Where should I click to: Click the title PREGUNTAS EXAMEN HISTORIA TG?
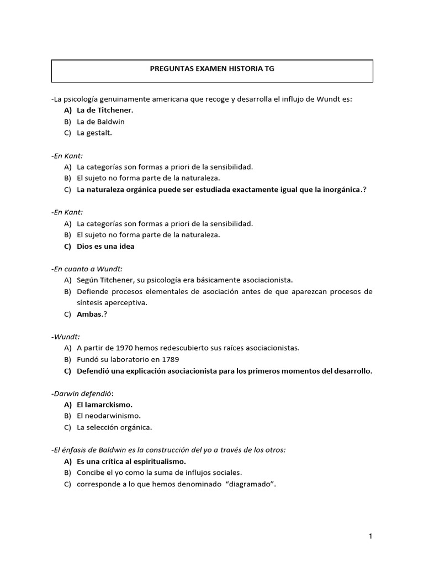coord(212,70)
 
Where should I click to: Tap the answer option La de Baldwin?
coord(100,121)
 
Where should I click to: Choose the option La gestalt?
coord(94,133)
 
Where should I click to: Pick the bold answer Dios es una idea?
coord(105,247)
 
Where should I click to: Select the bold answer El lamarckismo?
coord(104,405)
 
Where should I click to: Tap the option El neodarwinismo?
coord(109,416)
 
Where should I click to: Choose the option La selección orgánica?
coord(114,427)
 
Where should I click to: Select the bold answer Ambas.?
coord(90,314)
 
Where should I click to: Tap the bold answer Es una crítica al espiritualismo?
coord(131,461)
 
